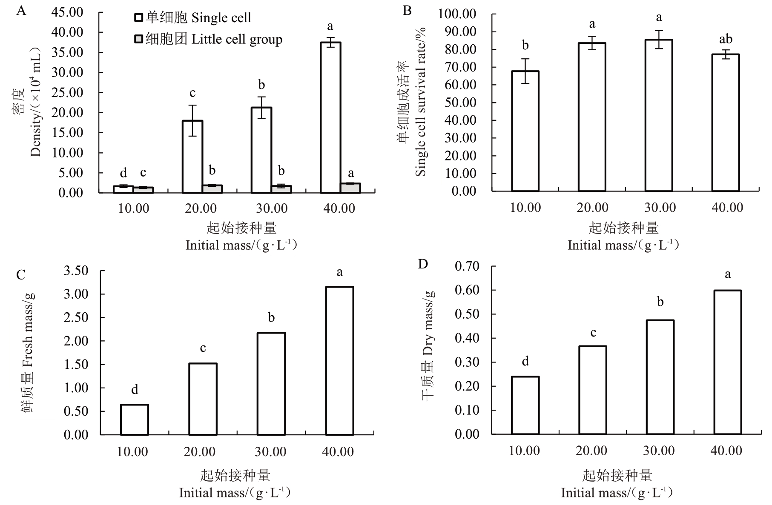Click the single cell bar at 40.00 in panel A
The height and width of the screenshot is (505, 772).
(330, 117)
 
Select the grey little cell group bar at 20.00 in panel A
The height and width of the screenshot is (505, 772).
(212, 189)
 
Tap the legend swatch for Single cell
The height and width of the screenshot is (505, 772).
(139, 17)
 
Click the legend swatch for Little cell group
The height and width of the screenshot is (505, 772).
(139, 39)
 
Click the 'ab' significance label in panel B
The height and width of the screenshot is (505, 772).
(726, 39)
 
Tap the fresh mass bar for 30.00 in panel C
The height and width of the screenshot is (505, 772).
(271, 384)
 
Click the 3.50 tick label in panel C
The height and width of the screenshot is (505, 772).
(76, 271)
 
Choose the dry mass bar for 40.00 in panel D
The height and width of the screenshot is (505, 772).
(727, 362)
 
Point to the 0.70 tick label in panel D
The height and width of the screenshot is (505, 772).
(467, 266)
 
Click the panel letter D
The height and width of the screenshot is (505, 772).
(423, 264)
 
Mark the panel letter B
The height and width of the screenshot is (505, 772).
(407, 11)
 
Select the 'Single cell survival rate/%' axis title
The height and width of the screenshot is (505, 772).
(421, 102)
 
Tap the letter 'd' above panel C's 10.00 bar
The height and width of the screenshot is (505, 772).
(135, 390)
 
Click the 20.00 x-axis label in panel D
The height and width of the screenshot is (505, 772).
(592, 451)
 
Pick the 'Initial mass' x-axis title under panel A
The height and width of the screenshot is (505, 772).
(241, 245)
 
